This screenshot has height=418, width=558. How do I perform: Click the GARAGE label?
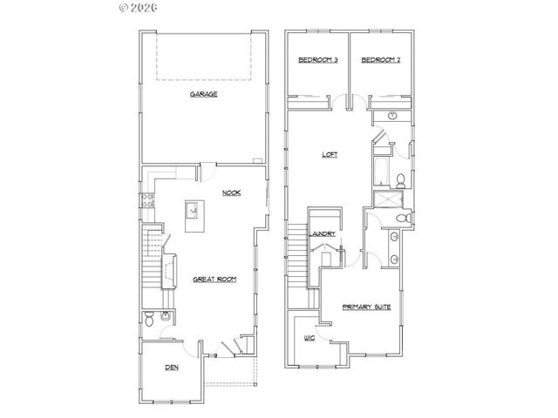pos(204,93)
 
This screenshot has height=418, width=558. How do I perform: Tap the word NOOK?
pos(231,192)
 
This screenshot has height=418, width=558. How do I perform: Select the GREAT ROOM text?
pos(215,279)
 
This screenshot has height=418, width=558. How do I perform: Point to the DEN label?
pos(172,367)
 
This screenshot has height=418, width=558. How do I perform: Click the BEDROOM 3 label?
pos(317,60)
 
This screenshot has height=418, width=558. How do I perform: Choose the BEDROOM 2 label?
pos(380,60)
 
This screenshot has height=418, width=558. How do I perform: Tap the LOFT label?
pos(330,155)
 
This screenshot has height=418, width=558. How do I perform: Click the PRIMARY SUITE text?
pos(366,306)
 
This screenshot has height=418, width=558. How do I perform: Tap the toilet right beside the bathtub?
pos(399,180)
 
